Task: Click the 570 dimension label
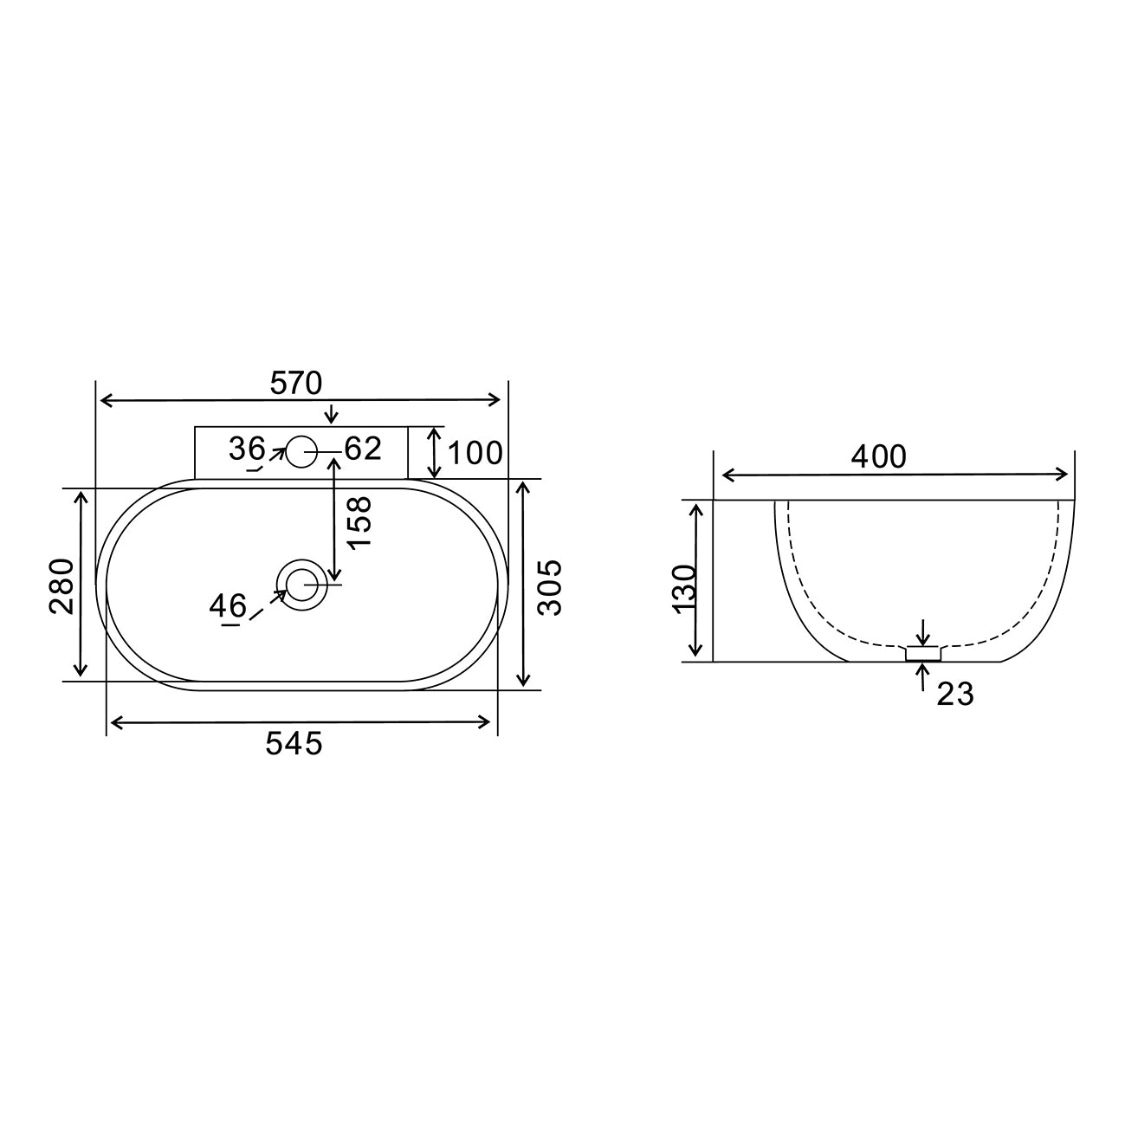pyautogui.click(x=296, y=383)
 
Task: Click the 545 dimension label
pyautogui.click(x=294, y=743)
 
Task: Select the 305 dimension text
pyautogui.click(x=549, y=587)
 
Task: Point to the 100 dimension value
pyautogui.click(x=475, y=452)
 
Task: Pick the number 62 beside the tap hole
pyautogui.click(x=363, y=449)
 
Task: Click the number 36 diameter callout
pyautogui.click(x=247, y=449)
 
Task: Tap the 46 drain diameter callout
pyautogui.click(x=228, y=605)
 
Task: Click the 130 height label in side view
pyautogui.click(x=684, y=587)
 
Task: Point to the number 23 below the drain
pyautogui.click(x=955, y=694)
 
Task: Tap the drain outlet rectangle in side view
pyautogui.click(x=923, y=655)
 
